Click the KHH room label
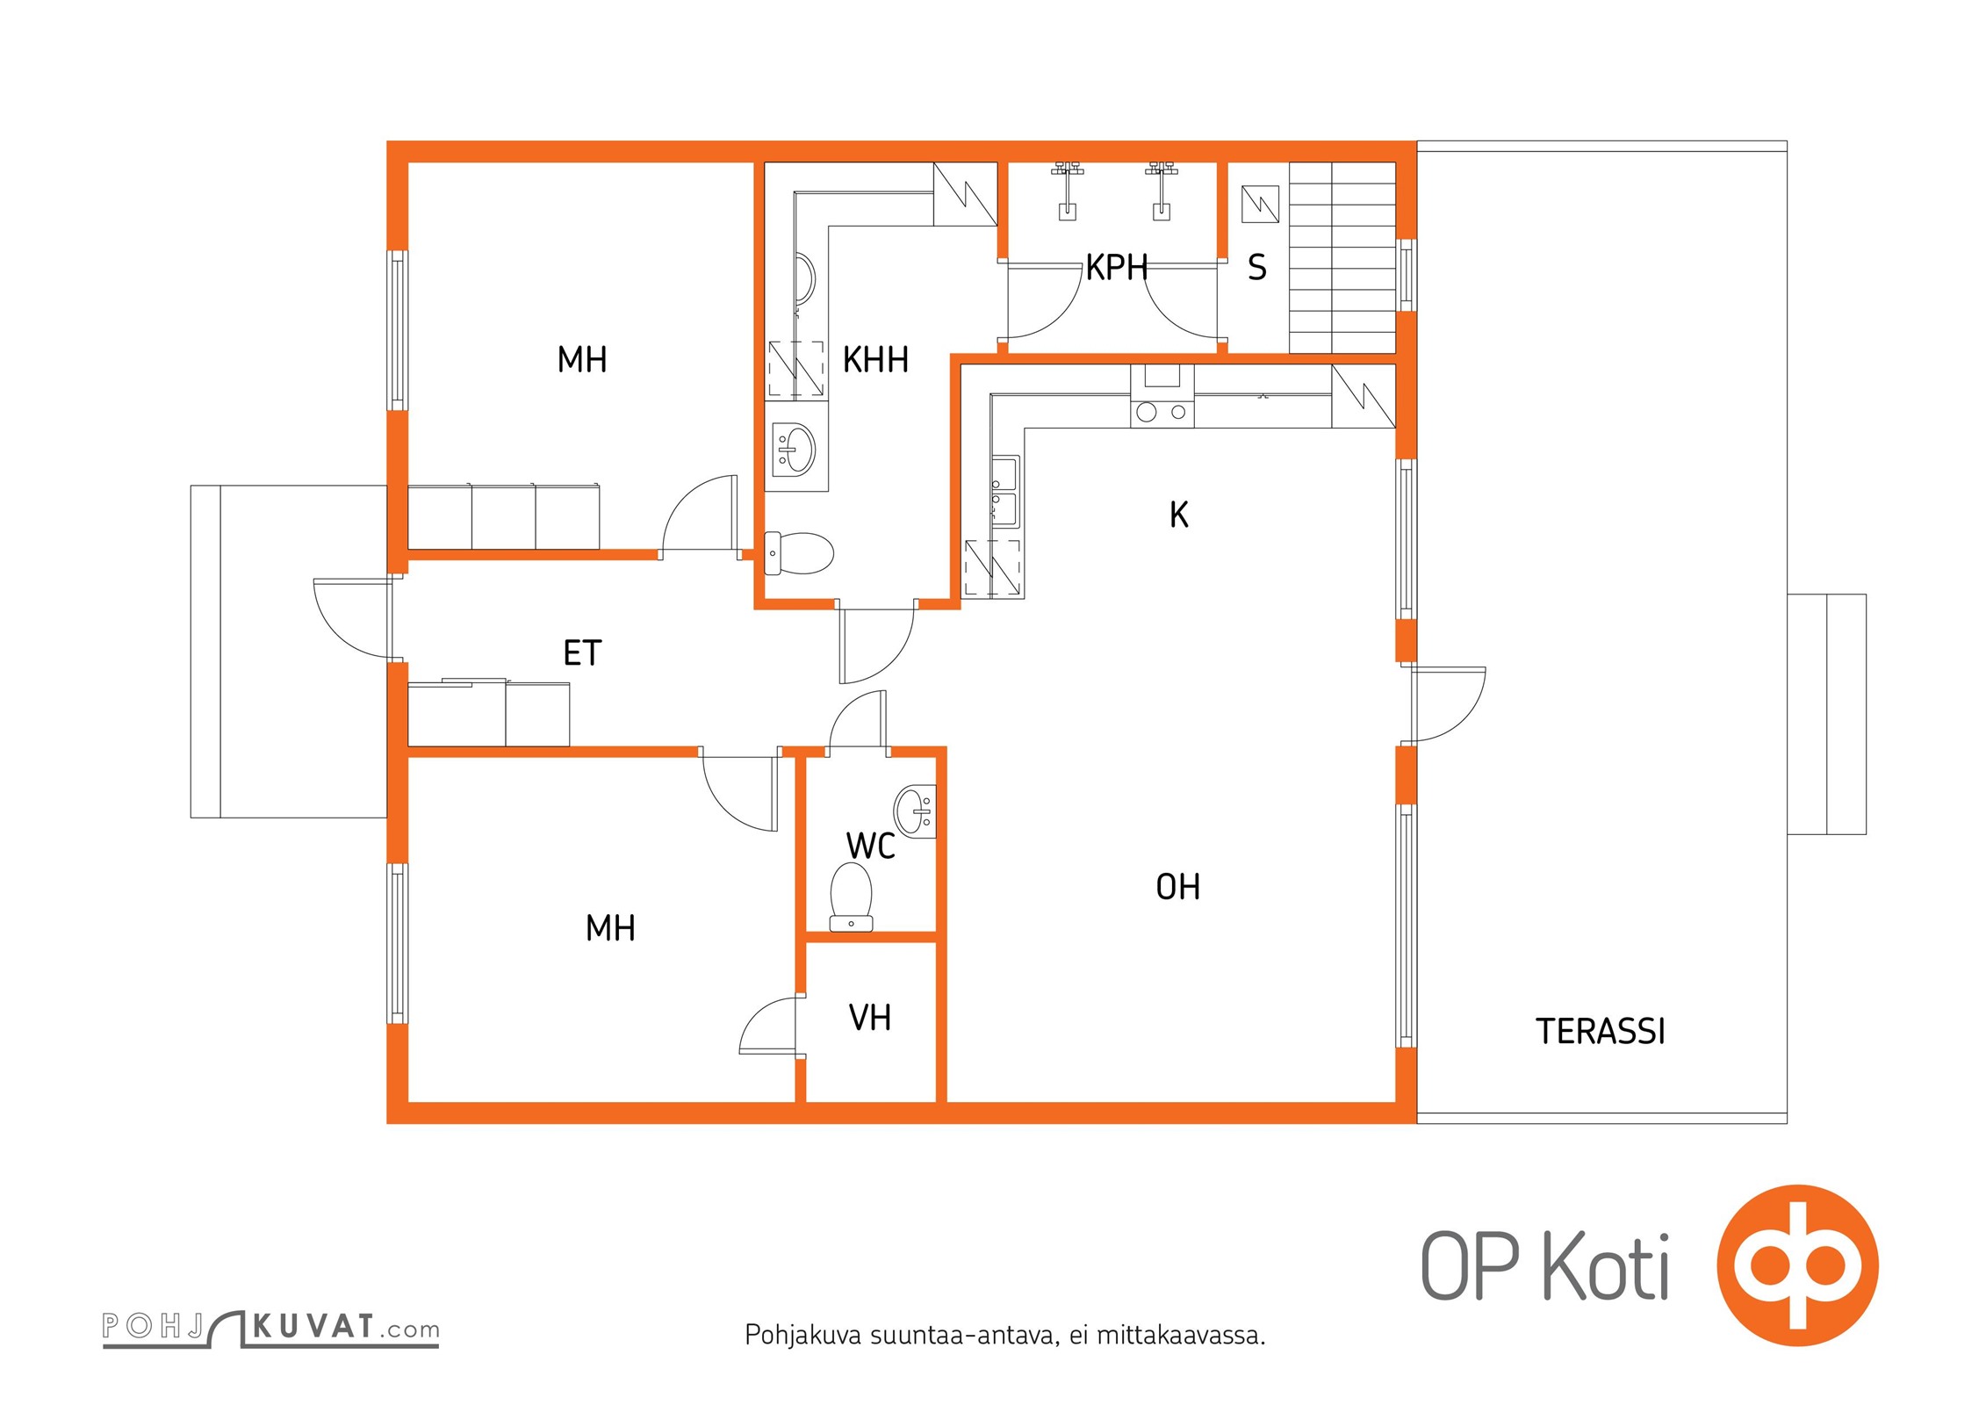click(x=874, y=360)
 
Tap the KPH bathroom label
click(x=1116, y=268)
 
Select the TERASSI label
click(x=1600, y=1032)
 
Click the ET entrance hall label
click(x=582, y=653)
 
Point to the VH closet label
click(x=870, y=1018)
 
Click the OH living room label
click(x=1177, y=888)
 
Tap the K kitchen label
click(x=1178, y=515)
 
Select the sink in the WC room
click(x=915, y=811)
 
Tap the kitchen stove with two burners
click(x=1162, y=410)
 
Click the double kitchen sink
click(x=1005, y=492)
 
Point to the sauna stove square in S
click(x=1260, y=205)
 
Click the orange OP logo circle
click(x=1796, y=1265)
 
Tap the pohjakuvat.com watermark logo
click(x=270, y=1327)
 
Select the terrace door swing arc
click(x=1448, y=703)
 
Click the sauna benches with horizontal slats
click(x=1342, y=258)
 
